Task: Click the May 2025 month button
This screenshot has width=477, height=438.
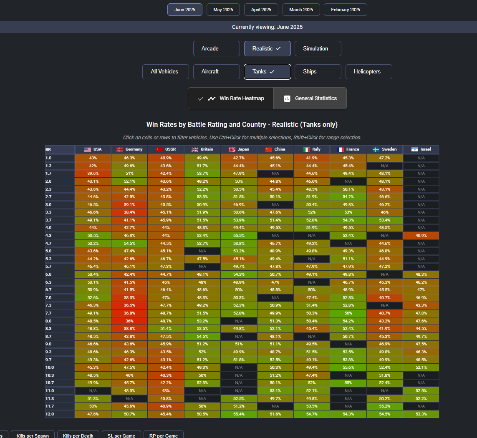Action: (223, 10)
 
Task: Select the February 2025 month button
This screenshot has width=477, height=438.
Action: (346, 10)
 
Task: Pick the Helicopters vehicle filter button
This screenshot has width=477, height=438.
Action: (368, 72)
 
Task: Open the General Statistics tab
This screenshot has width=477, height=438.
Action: (310, 98)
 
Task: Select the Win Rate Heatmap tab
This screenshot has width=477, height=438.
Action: (231, 98)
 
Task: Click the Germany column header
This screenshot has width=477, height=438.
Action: (129, 149)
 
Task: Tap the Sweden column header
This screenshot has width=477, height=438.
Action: (385, 149)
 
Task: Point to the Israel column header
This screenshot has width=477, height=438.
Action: (421, 149)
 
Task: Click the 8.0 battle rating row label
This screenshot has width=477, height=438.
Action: (60, 321)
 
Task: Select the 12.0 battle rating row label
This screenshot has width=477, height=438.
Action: (60, 414)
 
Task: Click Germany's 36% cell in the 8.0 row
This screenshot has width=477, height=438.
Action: (129, 321)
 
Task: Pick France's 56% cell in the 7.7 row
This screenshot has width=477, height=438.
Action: (348, 313)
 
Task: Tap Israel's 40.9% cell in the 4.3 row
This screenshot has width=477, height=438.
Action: (421, 236)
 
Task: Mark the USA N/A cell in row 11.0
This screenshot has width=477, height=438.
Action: (93, 391)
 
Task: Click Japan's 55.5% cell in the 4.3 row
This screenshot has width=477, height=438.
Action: (239, 236)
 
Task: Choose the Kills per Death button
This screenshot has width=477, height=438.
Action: (78, 435)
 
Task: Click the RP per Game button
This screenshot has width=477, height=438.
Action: (164, 435)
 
